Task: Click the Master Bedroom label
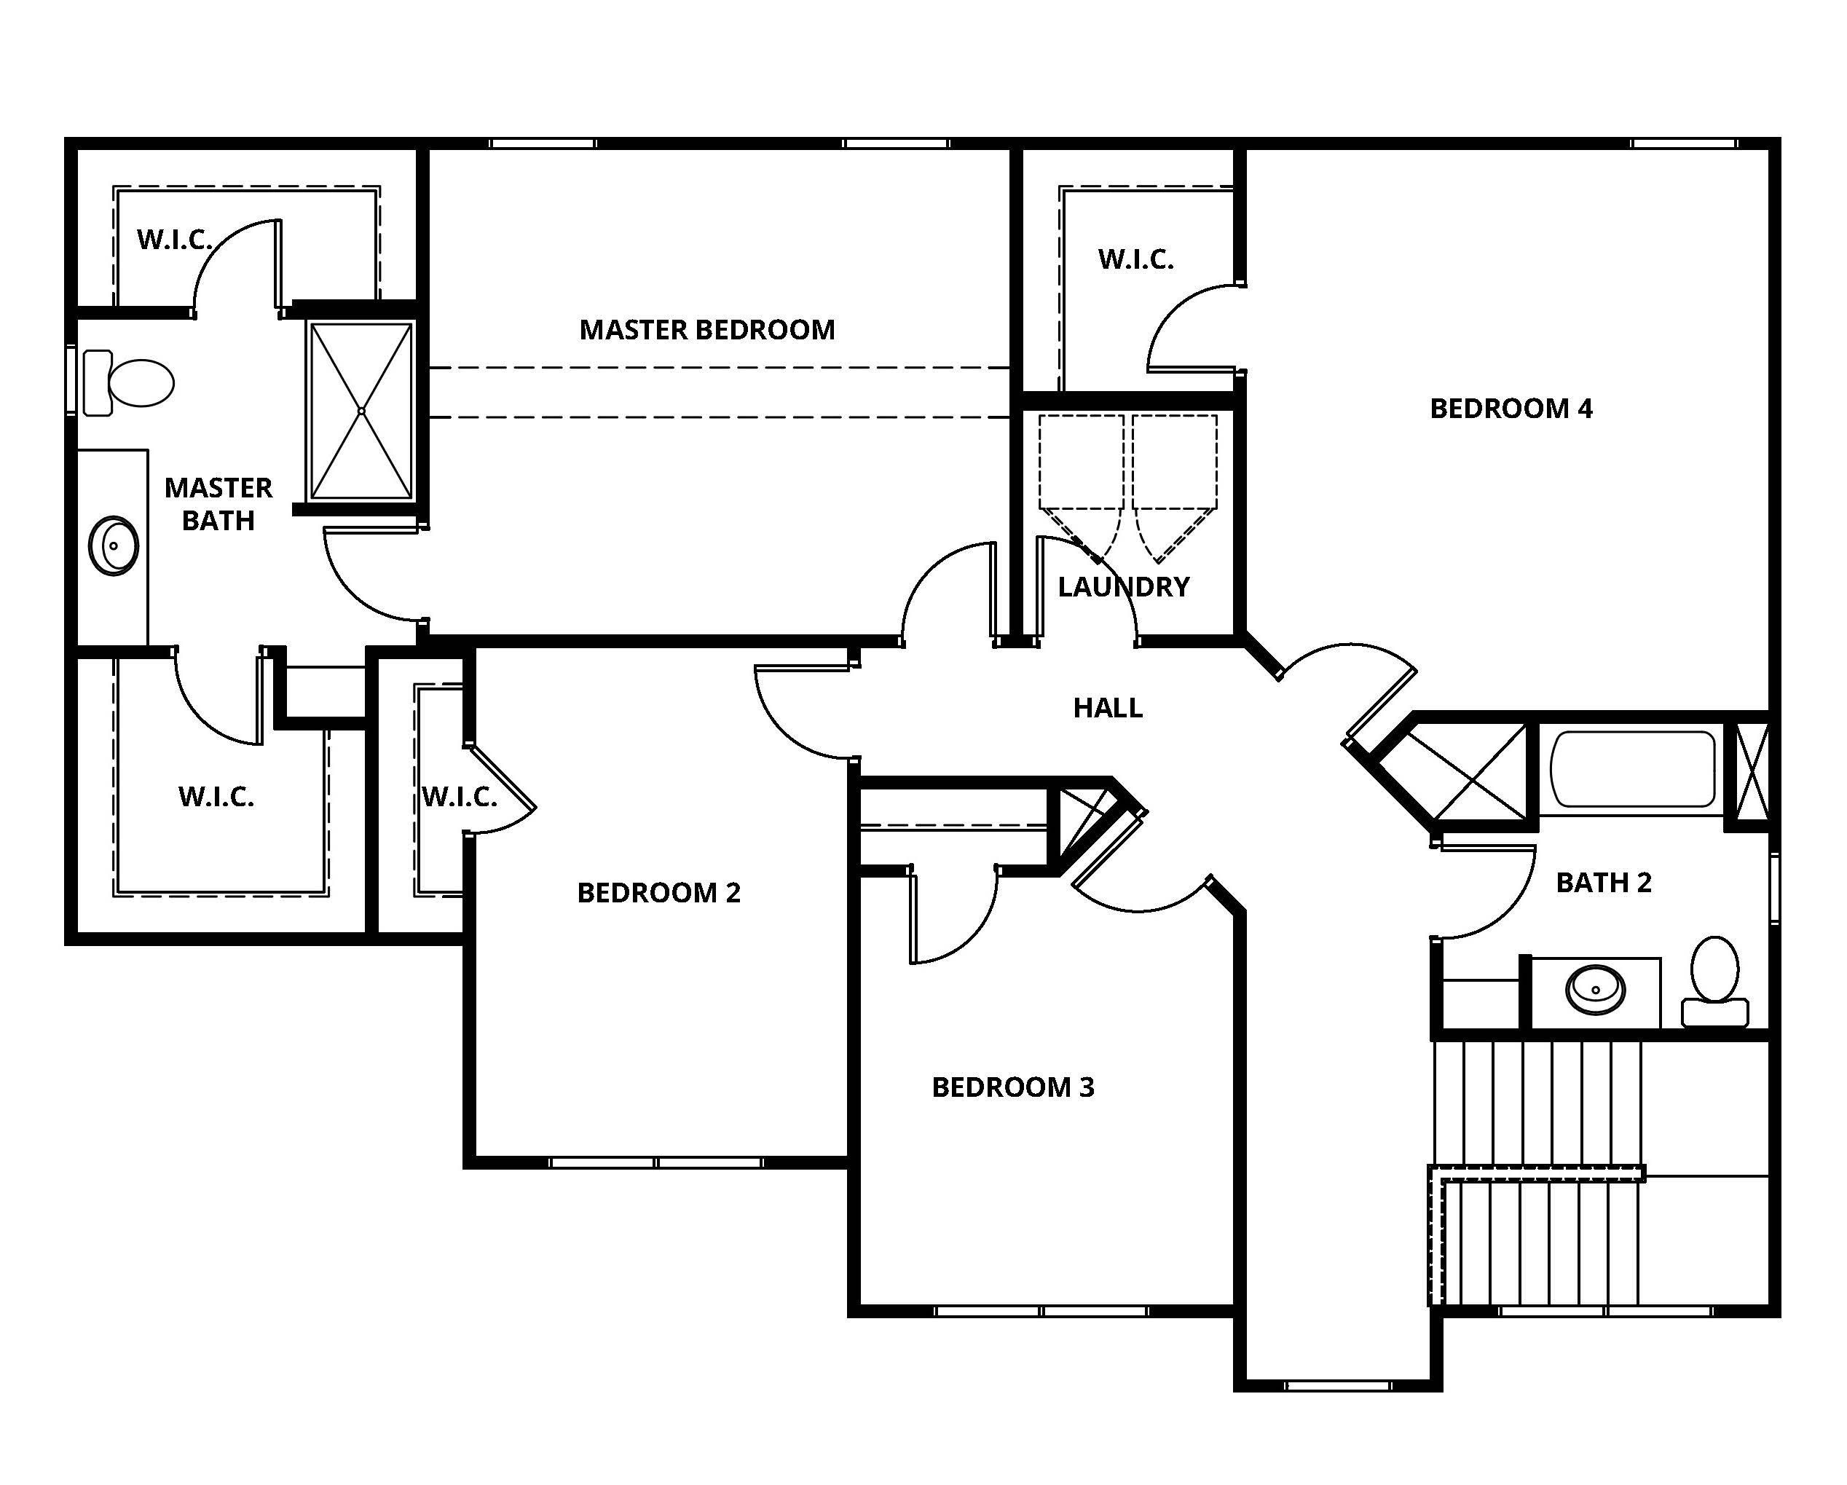706,330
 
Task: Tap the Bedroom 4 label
1511,409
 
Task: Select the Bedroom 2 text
659,893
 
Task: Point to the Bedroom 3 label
1014,1087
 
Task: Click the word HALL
1108,708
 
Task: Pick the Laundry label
1124,587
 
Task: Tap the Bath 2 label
1604,883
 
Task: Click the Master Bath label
218,504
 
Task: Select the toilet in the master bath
128,382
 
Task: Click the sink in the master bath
114,545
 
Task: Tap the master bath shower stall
361,411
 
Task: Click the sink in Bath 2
1595,990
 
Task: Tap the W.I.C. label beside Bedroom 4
1136,260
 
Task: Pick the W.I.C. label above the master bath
175,241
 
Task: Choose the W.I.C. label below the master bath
216,797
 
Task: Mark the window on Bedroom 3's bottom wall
1041,1311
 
